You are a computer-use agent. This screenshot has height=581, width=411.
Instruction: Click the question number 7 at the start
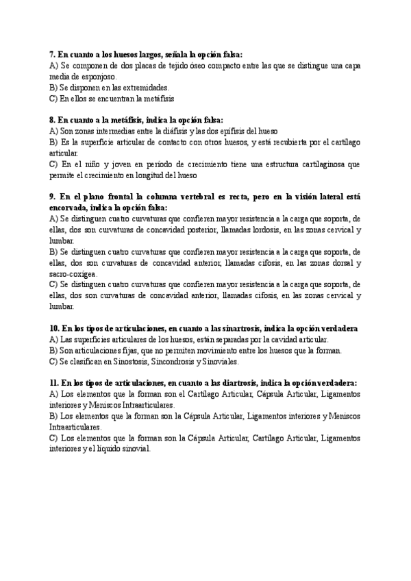[x=52, y=53]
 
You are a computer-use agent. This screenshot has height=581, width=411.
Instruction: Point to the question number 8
[x=52, y=119]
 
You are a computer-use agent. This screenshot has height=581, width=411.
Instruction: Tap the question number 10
[x=54, y=328]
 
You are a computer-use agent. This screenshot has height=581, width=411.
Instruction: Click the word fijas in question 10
[x=128, y=350]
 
